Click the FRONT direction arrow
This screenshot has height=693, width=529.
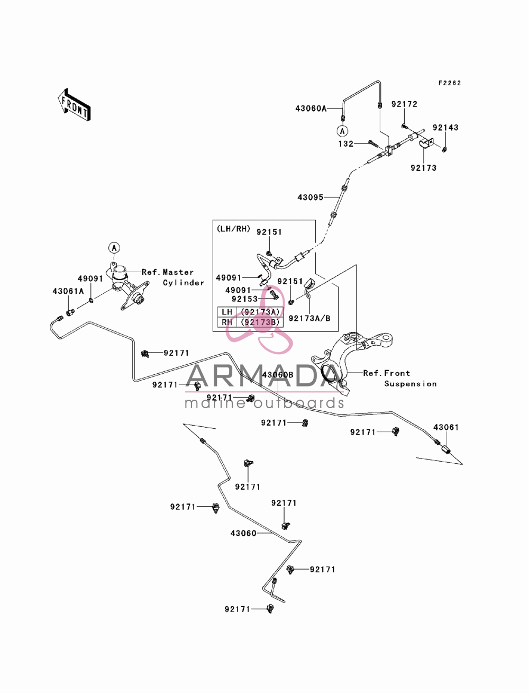point(74,104)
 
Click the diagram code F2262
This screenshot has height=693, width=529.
point(450,83)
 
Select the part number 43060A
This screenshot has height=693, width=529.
point(311,109)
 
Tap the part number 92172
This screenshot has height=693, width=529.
point(404,104)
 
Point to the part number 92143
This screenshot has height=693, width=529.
point(445,128)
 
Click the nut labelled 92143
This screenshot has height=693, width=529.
point(444,149)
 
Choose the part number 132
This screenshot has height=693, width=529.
point(346,144)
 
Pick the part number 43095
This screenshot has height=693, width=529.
point(311,197)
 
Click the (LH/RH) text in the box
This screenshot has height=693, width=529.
point(233,229)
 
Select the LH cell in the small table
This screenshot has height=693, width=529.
point(227,312)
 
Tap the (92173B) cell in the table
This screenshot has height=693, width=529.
point(260,322)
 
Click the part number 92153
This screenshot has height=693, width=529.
point(245,299)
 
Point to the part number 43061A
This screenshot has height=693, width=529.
point(68,291)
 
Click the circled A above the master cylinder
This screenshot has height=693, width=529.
point(114,248)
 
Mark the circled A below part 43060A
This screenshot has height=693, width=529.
point(343,131)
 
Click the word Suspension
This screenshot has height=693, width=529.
point(411,384)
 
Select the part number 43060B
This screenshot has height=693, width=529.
point(278,375)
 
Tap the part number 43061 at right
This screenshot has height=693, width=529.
point(446,427)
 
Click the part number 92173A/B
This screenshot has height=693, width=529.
point(309,318)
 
